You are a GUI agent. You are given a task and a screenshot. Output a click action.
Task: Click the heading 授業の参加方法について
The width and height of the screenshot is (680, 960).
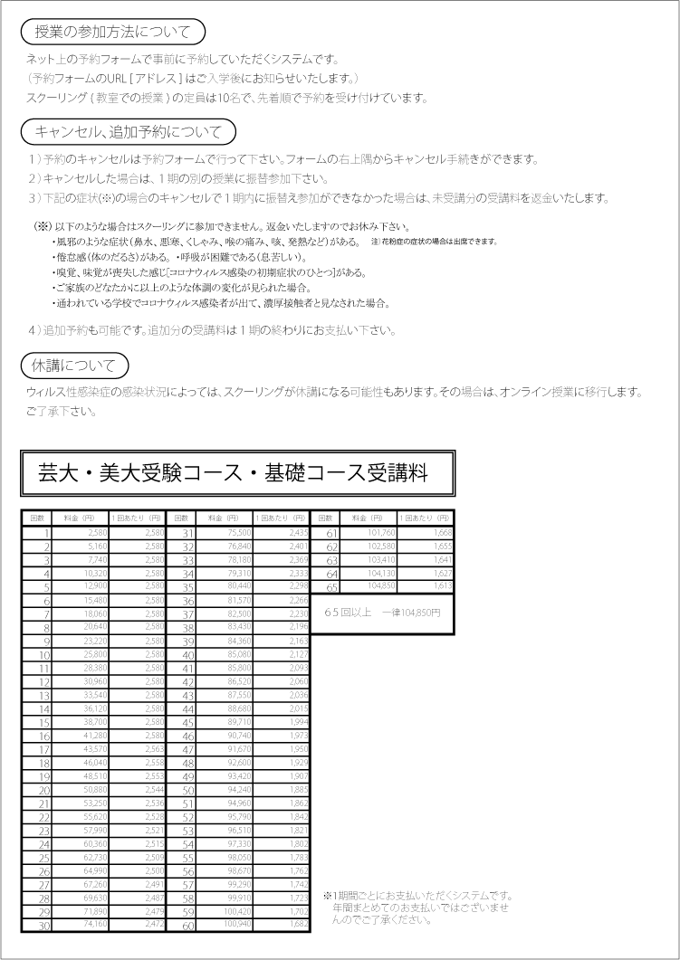pos(113,32)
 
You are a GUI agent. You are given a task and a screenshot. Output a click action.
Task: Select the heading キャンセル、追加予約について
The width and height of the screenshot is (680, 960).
pos(128,131)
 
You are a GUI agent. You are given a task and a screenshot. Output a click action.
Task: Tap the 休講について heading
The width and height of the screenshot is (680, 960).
pos(75,366)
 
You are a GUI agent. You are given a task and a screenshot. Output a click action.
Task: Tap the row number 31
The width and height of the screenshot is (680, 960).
pos(187,534)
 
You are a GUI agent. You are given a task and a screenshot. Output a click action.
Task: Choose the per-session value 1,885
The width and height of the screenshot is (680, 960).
pos(295,789)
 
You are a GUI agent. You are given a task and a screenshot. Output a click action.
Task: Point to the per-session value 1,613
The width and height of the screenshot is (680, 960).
pos(439,586)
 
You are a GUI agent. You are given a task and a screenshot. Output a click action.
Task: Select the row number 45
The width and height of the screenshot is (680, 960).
pos(187,721)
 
